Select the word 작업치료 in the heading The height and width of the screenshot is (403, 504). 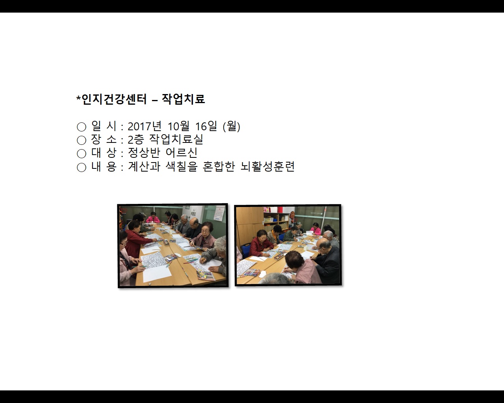tap(183, 99)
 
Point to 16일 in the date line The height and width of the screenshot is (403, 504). tap(206, 126)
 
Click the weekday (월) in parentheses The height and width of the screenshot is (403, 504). tap(232, 126)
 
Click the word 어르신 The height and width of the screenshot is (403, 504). tap(181, 153)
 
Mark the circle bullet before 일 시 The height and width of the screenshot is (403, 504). tap(82, 127)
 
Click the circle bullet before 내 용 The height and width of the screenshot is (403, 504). tap(82, 167)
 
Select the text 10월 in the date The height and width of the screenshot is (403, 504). tap(178, 126)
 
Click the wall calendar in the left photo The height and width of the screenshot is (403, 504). tap(219, 214)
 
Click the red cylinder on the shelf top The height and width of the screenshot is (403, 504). tap(280, 210)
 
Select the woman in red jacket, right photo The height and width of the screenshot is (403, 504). tap(261, 243)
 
